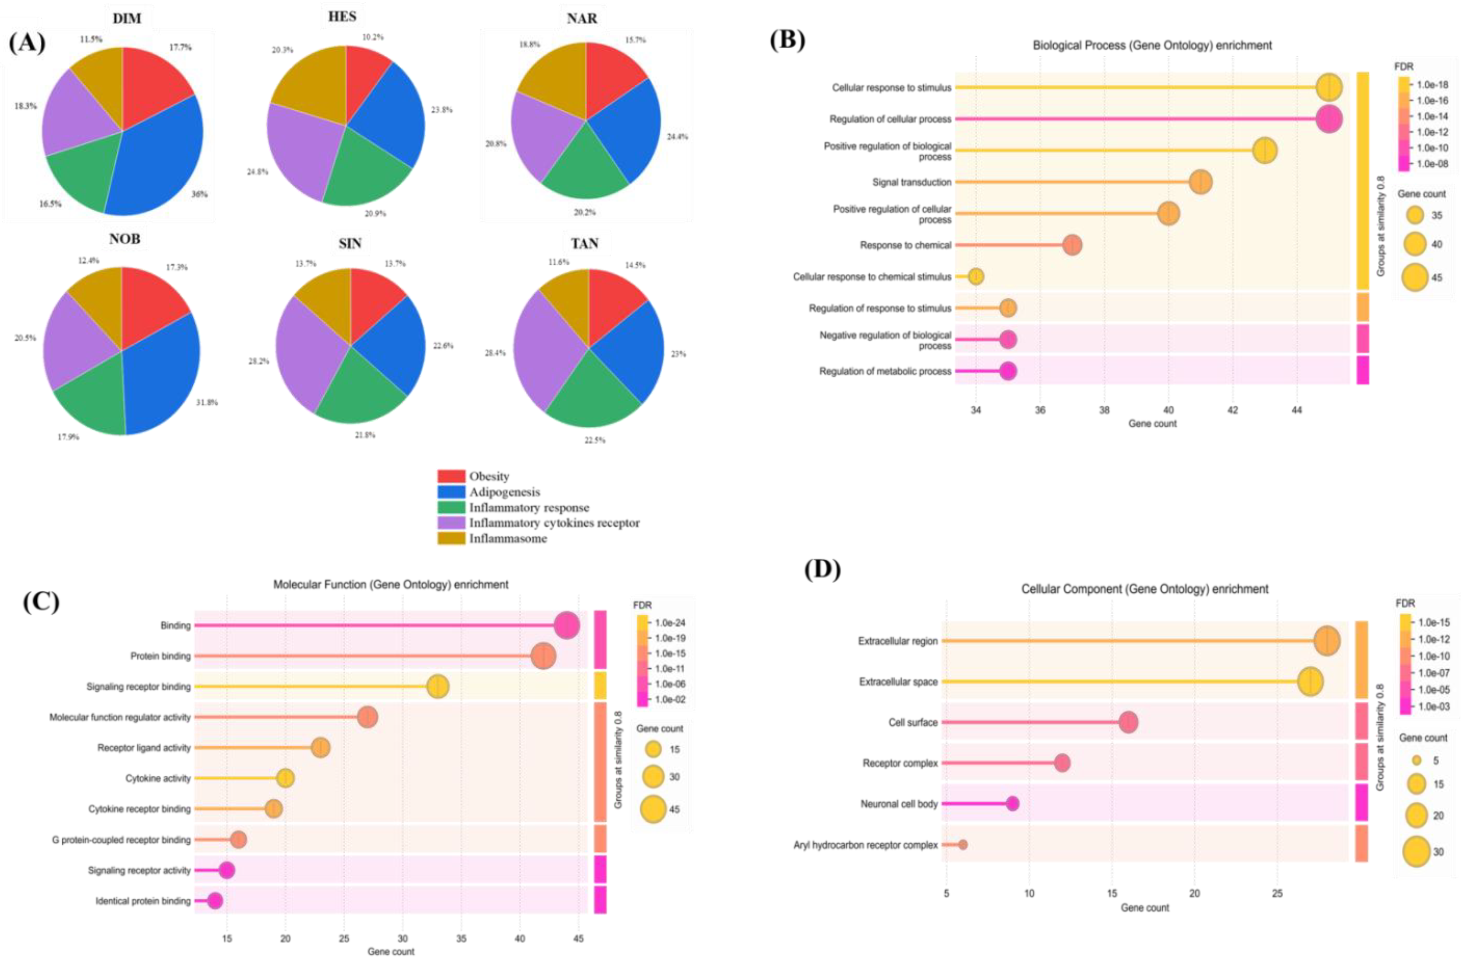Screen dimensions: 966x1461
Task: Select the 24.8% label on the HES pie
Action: (258, 172)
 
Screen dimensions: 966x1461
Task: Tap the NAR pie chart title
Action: (581, 19)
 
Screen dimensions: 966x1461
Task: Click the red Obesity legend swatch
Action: (451, 476)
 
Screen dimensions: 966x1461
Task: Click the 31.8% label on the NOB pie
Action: (207, 402)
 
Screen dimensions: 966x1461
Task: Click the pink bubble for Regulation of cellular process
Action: (1329, 119)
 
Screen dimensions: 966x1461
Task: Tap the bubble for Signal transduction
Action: (1200, 182)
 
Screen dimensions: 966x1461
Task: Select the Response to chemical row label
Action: (905, 245)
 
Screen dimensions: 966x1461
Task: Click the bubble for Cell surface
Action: (1128, 722)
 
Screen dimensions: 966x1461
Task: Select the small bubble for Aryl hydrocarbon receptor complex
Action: (963, 845)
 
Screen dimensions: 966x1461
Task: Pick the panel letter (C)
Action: (40, 601)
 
